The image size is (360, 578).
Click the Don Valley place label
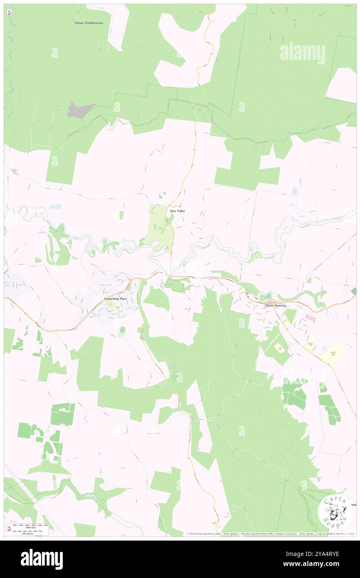click(x=178, y=211)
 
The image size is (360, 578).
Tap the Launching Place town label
click(x=116, y=299)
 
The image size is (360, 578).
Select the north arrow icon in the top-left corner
click(x=9, y=13)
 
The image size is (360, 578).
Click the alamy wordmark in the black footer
click(x=42, y=559)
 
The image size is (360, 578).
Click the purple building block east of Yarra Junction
click(x=310, y=317)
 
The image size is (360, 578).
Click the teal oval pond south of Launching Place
click(x=122, y=330)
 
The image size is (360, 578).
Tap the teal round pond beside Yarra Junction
click(x=268, y=296)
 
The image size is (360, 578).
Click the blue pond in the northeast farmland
click(x=295, y=190)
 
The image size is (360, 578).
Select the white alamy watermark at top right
click(x=302, y=53)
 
